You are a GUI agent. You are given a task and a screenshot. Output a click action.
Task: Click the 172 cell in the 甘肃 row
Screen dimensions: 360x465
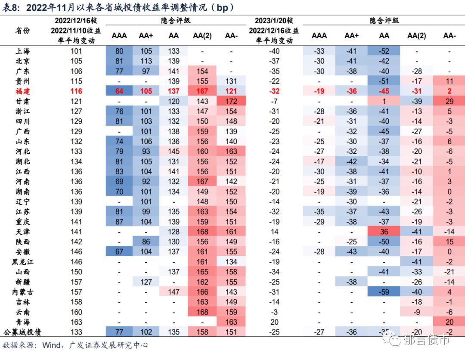231,102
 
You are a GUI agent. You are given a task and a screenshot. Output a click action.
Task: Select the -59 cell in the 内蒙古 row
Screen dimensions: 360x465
384,292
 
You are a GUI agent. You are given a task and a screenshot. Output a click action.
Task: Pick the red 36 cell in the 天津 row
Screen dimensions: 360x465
384,232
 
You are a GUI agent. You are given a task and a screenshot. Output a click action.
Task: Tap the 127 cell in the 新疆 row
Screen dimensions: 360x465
146,282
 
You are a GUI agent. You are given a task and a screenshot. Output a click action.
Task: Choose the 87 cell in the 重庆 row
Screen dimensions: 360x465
119,222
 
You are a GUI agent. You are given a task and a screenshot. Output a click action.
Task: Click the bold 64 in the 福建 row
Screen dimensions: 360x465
119,91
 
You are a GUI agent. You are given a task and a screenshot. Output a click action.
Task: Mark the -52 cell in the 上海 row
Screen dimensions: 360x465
384,51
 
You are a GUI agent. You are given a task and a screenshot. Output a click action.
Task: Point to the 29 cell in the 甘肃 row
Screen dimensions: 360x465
449,102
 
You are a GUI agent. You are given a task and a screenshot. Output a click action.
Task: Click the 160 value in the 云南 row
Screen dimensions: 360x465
76,312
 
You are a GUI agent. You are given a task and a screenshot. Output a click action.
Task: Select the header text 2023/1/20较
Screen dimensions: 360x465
274,21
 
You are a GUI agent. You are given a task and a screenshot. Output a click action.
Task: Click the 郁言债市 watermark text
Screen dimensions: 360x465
426,340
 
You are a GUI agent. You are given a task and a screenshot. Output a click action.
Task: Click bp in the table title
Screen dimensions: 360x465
223,7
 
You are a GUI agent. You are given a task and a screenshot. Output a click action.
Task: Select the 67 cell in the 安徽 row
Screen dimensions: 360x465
119,252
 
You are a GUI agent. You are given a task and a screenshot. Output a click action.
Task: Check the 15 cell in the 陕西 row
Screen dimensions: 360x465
449,242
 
